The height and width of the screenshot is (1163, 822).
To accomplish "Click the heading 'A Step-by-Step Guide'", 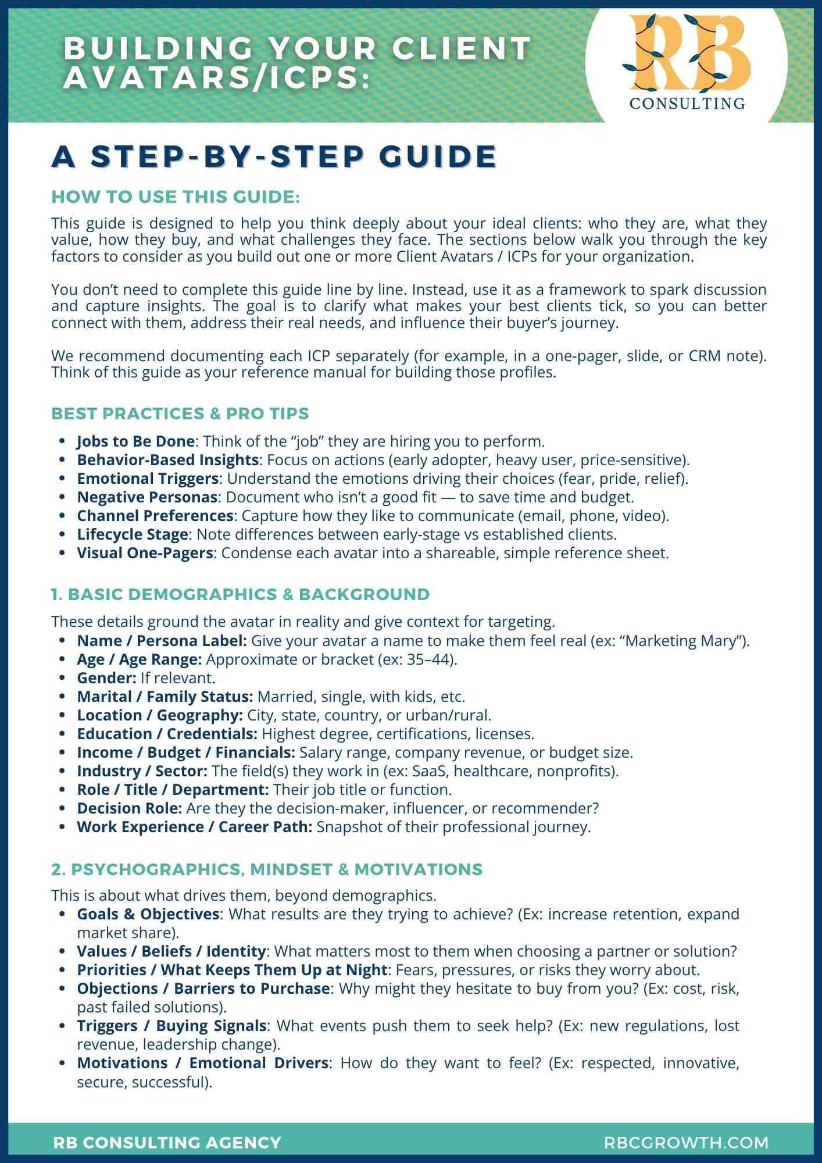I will pyautogui.click(x=274, y=156).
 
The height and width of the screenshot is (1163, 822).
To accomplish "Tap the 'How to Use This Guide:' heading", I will pyautogui.click(x=176, y=197).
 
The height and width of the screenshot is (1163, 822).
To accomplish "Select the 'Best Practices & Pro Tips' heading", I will pyautogui.click(x=180, y=413).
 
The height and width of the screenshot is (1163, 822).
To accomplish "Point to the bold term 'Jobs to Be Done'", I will pyautogui.click(x=135, y=441).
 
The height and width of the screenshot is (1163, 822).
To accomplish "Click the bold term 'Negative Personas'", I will pyautogui.click(x=147, y=497).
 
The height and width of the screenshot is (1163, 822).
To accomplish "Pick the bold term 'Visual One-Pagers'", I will pyautogui.click(x=145, y=553).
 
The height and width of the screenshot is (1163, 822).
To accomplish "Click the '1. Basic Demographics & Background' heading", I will pyautogui.click(x=240, y=594).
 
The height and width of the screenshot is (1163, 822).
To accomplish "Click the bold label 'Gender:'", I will pyautogui.click(x=106, y=678).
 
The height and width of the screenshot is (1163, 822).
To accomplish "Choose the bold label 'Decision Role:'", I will pyautogui.click(x=130, y=808).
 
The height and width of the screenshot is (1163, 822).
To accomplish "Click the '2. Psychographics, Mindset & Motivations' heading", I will pyautogui.click(x=267, y=869).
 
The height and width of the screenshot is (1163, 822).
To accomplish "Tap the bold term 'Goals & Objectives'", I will pyautogui.click(x=148, y=914).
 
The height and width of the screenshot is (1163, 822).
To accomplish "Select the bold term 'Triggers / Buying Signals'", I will pyautogui.click(x=172, y=1026).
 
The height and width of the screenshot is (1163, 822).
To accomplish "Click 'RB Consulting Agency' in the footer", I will pyautogui.click(x=167, y=1143).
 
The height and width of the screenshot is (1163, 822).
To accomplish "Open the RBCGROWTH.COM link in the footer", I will pyautogui.click(x=687, y=1143).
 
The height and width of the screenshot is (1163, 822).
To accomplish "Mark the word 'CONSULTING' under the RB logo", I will pyautogui.click(x=687, y=104).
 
